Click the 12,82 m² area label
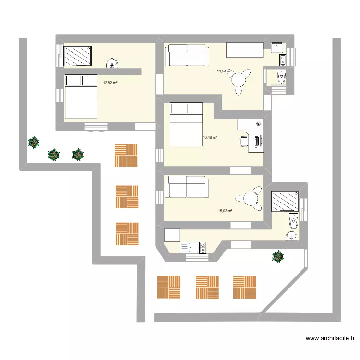[x=110, y=83]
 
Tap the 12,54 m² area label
[x=224, y=72]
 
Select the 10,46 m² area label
[x=210, y=137]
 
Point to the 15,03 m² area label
[x=225, y=211]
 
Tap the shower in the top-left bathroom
[x=77, y=56]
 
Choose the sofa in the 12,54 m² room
[x=186, y=55]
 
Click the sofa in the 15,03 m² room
[x=186, y=187]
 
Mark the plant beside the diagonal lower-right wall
[x=277, y=256]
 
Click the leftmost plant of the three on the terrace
[x=34, y=142]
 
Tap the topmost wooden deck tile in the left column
[x=126, y=155]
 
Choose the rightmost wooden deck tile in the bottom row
[x=245, y=287]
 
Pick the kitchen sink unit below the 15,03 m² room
[x=192, y=248]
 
